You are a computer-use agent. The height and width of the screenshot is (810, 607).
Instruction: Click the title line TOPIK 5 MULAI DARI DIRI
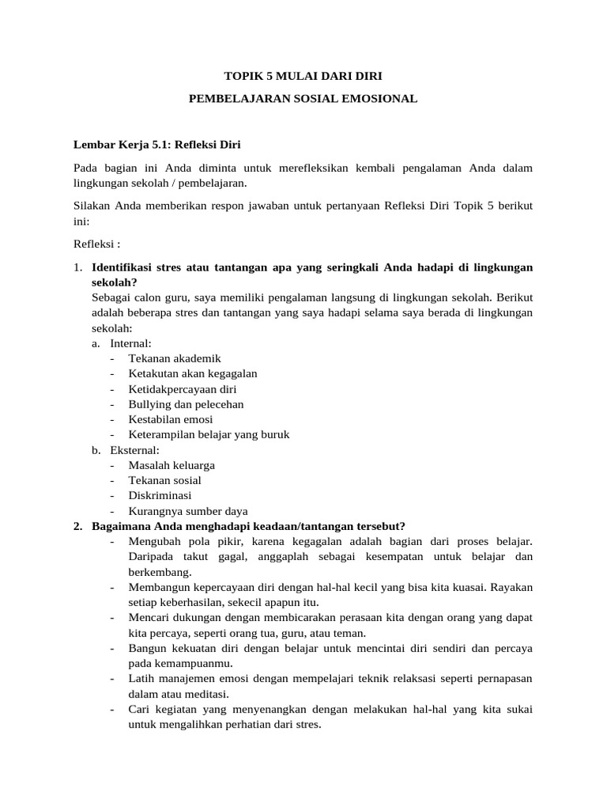coord(303,78)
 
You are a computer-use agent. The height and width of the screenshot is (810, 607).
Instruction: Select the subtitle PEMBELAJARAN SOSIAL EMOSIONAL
coord(303,100)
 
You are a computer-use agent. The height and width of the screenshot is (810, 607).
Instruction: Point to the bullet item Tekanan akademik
coord(175,358)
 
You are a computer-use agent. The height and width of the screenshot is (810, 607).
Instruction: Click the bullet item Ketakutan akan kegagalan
coord(193,373)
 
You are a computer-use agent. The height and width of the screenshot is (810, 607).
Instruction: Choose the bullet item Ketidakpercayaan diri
coord(183,389)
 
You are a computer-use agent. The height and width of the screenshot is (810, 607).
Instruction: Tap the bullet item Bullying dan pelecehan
coord(186,404)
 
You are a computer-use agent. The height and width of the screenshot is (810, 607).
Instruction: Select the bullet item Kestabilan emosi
coord(171,419)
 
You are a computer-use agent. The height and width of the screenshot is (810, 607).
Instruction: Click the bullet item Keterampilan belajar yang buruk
coord(209,434)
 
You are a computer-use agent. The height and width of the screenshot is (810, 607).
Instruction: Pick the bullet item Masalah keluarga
coord(172,465)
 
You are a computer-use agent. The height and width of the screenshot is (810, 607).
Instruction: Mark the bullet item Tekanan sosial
coord(164,480)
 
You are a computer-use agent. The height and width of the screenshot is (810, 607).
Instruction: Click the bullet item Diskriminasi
coord(160,496)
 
